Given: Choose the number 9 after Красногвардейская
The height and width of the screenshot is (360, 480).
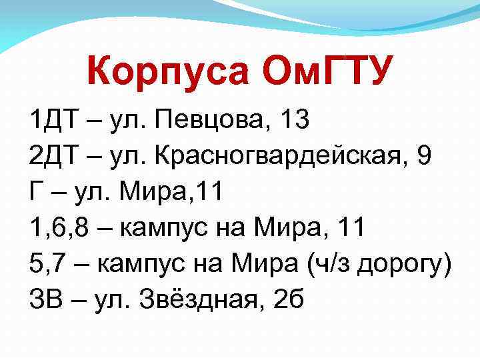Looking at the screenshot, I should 423,157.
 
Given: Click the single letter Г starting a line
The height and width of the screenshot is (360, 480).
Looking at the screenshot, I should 35,193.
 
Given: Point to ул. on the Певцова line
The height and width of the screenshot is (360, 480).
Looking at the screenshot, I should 125,121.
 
